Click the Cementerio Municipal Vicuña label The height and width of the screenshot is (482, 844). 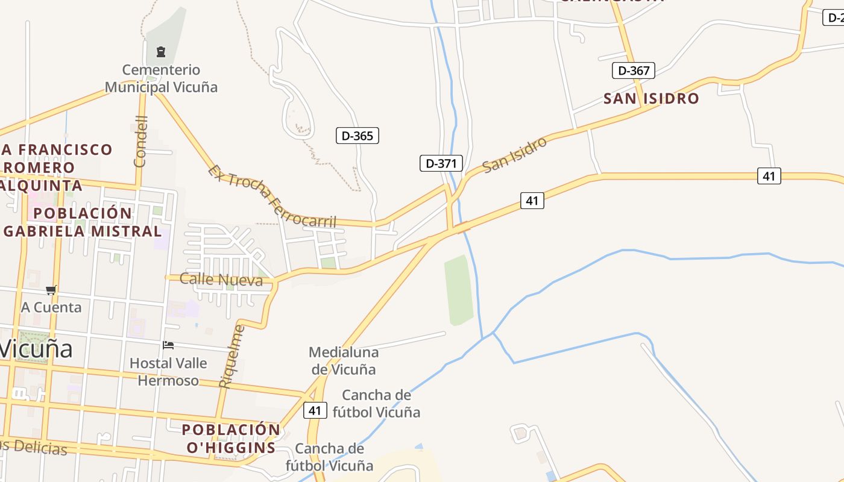pyautogui.click(x=161, y=78)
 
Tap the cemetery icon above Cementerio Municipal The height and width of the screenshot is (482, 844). pyautogui.click(x=161, y=52)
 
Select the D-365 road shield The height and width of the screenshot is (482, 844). pyautogui.click(x=357, y=136)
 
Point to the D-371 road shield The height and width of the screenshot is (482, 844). pyautogui.click(x=441, y=163)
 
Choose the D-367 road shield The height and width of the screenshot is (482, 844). pyautogui.click(x=633, y=70)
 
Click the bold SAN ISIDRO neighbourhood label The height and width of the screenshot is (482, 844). pyautogui.click(x=651, y=98)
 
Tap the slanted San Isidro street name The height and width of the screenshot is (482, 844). pyautogui.click(x=515, y=154)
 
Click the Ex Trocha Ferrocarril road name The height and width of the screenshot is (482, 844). pyautogui.click(x=272, y=196)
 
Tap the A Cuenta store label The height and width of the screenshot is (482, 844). pyautogui.click(x=51, y=307)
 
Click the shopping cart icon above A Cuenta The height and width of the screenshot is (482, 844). pyautogui.click(x=51, y=290)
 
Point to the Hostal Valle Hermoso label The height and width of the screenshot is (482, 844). pyautogui.click(x=168, y=372)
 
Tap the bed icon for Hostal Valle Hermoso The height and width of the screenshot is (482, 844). pyautogui.click(x=168, y=345)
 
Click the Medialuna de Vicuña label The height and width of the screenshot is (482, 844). pyautogui.click(x=343, y=360)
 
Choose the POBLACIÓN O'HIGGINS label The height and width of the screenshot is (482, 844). pyautogui.click(x=231, y=439)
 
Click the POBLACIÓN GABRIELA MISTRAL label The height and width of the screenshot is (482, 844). pyautogui.click(x=83, y=222)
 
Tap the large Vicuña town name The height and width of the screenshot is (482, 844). pyautogui.click(x=36, y=349)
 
